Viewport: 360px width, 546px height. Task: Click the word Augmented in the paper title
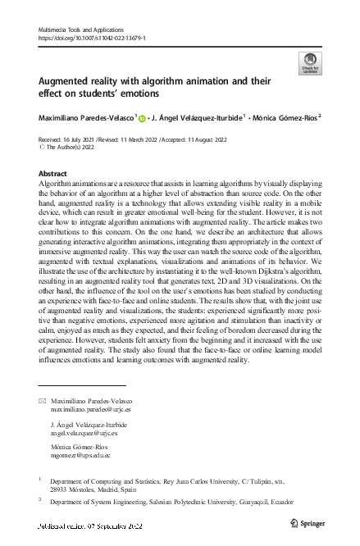(x=68, y=83)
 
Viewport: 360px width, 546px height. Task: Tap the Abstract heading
(x=54, y=175)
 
